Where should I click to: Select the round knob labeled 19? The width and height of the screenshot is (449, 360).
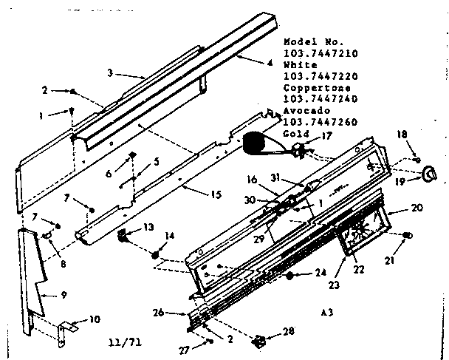coord(428,174)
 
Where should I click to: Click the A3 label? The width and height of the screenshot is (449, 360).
coord(326,291)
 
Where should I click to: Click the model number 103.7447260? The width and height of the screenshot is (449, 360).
coord(318,122)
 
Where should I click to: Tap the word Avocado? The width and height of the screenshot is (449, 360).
coord(304,110)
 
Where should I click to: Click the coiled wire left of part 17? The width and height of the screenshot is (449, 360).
coord(257,143)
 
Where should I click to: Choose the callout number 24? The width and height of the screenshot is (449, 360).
coord(320,272)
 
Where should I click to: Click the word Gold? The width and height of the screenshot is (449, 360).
coord(295,134)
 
